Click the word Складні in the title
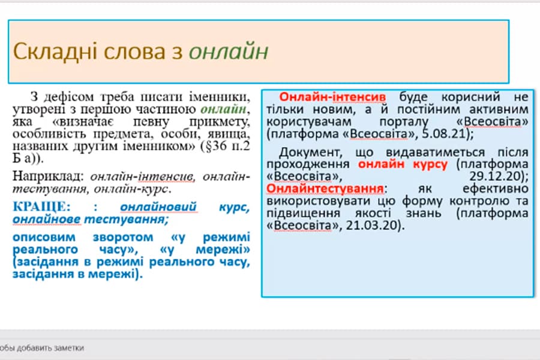pyautogui.click(x=55, y=52)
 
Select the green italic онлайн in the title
pyautogui.click(x=229, y=52)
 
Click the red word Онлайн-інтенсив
pyautogui.click(x=332, y=97)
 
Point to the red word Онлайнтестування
pyautogui.click(x=325, y=188)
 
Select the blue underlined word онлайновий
pyautogui.click(x=158, y=206)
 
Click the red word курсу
pyautogui.click(x=430, y=164)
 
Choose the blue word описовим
pyautogui.click(x=44, y=238)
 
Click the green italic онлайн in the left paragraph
pyautogui.click(x=224, y=109)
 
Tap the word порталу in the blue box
pyautogui.click(x=404, y=122)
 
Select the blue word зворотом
pyautogui.click(x=123, y=238)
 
